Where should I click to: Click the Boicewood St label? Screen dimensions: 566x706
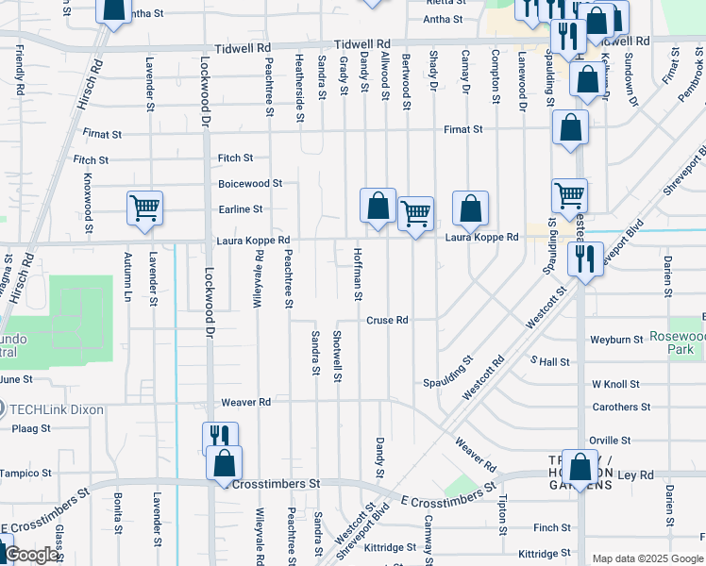click(x=250, y=184)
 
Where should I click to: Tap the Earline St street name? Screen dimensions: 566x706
click(x=241, y=209)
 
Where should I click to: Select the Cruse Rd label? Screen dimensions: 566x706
click(x=387, y=321)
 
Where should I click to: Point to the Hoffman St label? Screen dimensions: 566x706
click(x=358, y=275)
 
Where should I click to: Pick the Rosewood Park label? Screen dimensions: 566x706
click(x=677, y=343)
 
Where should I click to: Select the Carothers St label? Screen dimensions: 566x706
click(x=621, y=408)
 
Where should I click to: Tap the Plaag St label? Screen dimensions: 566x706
click(x=32, y=428)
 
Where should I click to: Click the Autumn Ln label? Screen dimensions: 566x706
click(x=127, y=275)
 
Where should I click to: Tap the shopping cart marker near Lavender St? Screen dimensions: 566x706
click(x=144, y=208)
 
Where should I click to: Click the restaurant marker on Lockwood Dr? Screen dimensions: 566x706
click(x=220, y=437)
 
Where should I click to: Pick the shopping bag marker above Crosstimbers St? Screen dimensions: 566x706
click(x=224, y=463)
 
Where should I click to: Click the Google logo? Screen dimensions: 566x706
click(x=31, y=556)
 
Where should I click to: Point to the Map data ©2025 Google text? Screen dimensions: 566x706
click(x=647, y=558)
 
